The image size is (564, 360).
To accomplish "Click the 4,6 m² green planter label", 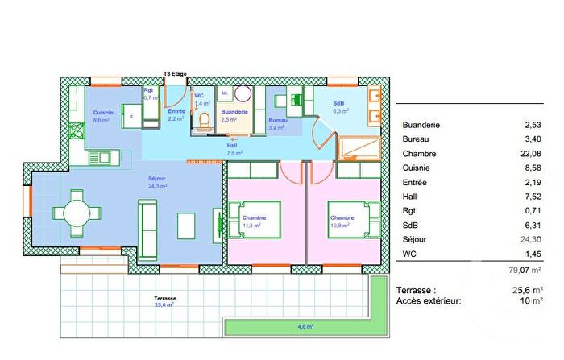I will coord(305,326).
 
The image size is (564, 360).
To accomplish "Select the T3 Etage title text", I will coord(175,74).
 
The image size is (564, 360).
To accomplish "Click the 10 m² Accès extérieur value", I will coord(530,300).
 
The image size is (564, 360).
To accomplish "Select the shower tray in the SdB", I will coord(362,147).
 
